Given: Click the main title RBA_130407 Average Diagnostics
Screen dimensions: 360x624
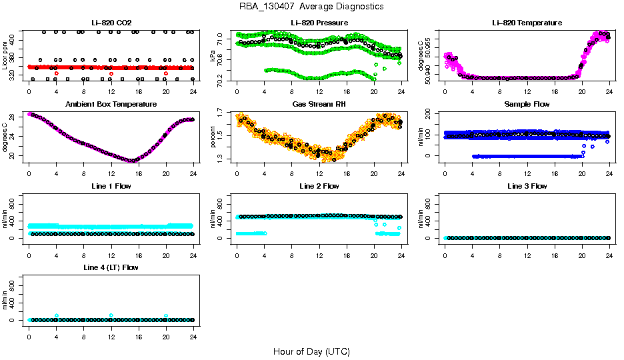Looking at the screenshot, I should tap(312, 7).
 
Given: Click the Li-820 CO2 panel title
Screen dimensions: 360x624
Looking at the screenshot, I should tap(110, 23).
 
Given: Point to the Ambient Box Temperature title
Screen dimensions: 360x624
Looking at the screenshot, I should tap(111, 104).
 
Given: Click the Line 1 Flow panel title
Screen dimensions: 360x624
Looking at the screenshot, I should tap(111, 186).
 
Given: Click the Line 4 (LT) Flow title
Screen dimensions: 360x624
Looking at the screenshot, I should tap(111, 267).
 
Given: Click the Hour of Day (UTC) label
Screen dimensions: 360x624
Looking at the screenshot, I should tap(311, 351).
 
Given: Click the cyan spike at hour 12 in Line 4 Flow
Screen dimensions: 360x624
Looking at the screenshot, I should tap(111, 315).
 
